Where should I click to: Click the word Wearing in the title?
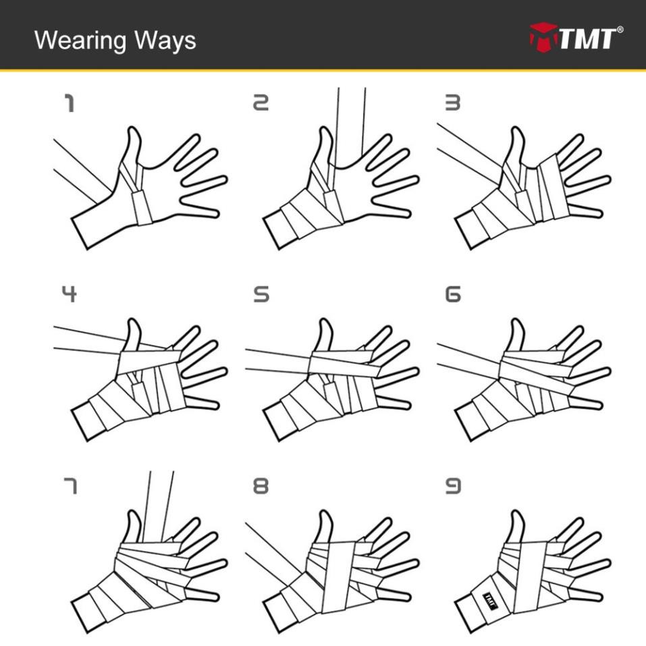pos(80,41)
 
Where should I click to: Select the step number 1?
pos(69,103)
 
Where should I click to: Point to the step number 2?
pos(261,103)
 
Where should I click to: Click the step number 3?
pos(452,103)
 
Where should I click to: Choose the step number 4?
pos(69,294)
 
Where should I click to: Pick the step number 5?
pos(261,294)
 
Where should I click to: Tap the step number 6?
pos(452,294)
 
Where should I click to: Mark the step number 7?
pos(69,485)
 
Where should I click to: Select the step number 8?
pos(261,485)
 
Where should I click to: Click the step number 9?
pos(452,485)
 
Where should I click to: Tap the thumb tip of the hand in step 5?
pos(325,323)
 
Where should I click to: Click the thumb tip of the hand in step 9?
pos(517,515)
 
